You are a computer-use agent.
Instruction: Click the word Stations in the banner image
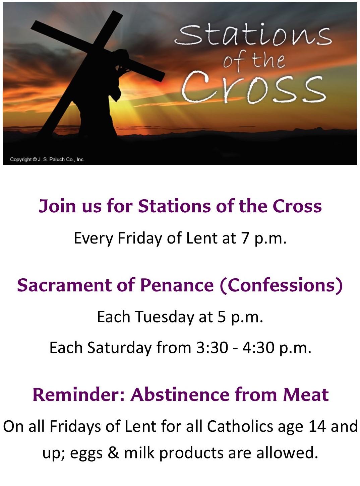pos(253,35)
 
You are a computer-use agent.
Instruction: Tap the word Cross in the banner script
pos(253,87)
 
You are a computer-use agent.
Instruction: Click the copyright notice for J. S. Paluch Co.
pos(47,159)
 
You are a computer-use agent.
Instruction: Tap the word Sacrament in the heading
pos(64,285)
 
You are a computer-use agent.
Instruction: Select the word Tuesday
pos(164,317)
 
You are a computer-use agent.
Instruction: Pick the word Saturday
pos(119,348)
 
